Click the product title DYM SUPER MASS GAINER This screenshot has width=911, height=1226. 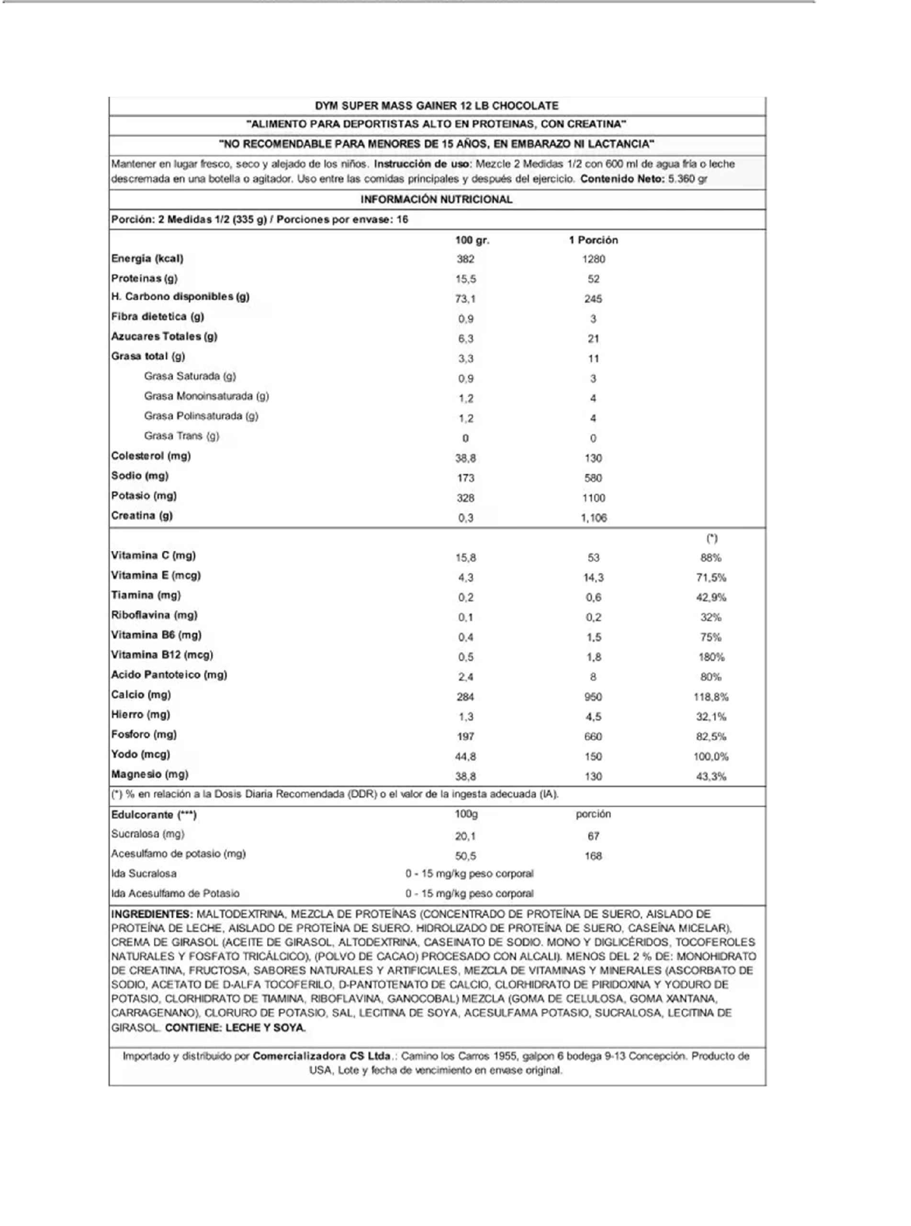(436, 106)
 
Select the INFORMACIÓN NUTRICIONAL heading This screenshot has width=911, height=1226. (436, 200)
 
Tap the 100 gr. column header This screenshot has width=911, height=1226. (472, 240)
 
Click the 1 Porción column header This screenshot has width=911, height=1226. (593, 240)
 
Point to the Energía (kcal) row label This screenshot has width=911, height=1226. (147, 259)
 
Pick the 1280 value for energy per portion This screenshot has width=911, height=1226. (593, 259)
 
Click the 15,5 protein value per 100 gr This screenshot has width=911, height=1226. (465, 279)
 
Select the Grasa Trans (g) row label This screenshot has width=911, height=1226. (181, 436)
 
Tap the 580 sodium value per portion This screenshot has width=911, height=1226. (593, 478)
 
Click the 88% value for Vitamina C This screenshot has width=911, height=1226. (711, 557)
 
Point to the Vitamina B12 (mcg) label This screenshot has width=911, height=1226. (162, 655)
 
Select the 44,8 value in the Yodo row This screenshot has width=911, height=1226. (465, 757)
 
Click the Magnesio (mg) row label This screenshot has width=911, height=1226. (149, 774)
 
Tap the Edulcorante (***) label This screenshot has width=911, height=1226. (154, 815)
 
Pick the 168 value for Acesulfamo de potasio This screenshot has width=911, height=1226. (593, 856)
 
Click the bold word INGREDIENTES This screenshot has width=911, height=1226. (152, 914)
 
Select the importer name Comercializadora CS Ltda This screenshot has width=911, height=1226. (322, 1056)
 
